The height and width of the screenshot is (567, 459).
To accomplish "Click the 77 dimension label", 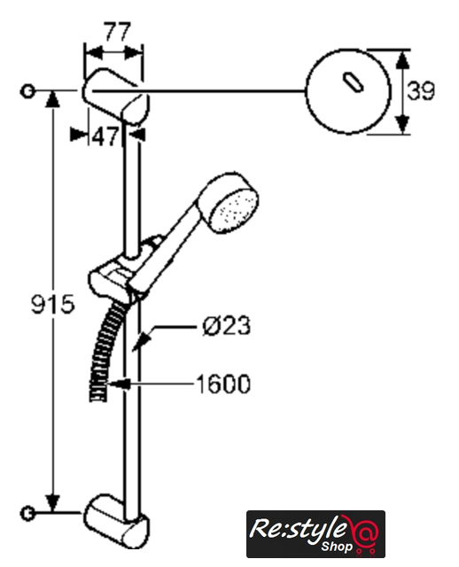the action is pyautogui.click(x=117, y=32).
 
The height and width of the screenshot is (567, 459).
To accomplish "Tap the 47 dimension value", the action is pyautogui.click(x=105, y=137).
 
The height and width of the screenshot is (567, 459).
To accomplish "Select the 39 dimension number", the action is pyautogui.click(x=421, y=90).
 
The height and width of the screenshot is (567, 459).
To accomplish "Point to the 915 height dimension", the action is pyautogui.click(x=53, y=304).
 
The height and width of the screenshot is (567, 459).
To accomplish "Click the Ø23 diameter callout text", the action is pyautogui.click(x=227, y=325).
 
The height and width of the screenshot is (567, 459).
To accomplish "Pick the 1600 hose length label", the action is pyautogui.click(x=223, y=384).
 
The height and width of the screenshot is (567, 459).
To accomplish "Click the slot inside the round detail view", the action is pyautogui.click(x=353, y=82).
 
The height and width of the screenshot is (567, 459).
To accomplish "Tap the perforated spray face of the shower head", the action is pyautogui.click(x=236, y=211).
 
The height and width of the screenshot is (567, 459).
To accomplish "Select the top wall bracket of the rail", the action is pyautogui.click(x=116, y=97).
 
